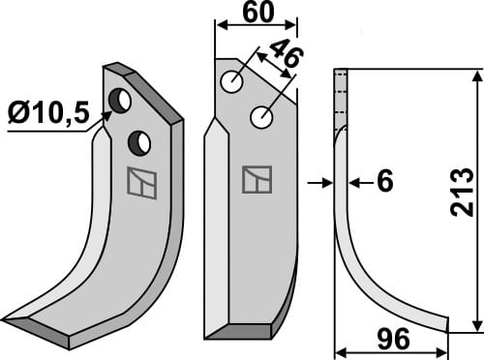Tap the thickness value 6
(x=384, y=182)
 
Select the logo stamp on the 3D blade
(x=141, y=183)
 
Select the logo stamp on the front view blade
(x=257, y=179)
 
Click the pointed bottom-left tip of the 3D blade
(x=8, y=320)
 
